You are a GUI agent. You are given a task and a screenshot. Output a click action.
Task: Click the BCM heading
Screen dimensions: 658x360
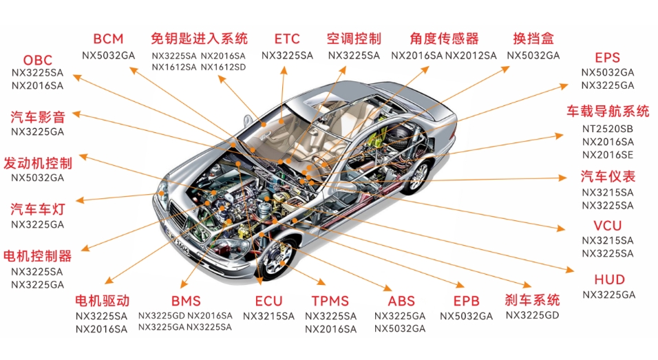tap(108, 39)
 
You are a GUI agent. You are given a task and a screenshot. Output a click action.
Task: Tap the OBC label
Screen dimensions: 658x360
tap(38, 60)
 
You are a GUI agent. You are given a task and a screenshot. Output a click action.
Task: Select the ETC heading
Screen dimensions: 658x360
tap(287, 39)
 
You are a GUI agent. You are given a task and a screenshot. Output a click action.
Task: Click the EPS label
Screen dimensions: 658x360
tap(607, 58)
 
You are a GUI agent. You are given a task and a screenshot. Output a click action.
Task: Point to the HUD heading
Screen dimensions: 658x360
tap(609, 279)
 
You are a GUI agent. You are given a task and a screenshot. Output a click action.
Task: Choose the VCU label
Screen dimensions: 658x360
tap(607, 226)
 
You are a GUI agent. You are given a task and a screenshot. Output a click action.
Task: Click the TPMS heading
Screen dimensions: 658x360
tap(330, 301)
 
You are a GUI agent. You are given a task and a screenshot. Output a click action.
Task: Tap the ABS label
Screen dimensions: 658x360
tap(401, 301)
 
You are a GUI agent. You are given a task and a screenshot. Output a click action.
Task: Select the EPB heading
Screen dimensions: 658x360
tap(466, 301)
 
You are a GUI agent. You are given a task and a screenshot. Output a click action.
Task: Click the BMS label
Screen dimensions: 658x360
tap(186, 301)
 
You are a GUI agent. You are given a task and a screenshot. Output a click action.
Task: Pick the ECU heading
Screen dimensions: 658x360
tap(268, 301)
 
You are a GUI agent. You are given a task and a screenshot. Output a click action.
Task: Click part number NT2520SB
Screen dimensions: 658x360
tap(607, 129)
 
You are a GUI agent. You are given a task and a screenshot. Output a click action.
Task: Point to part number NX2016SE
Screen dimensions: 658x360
tap(607, 155)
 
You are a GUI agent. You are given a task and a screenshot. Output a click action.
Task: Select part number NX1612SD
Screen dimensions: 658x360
tap(223, 67)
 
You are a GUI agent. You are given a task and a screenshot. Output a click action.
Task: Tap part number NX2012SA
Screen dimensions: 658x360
tap(470, 55)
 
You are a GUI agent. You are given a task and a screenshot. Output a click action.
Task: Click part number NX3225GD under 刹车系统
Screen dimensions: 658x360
tap(532, 315)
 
